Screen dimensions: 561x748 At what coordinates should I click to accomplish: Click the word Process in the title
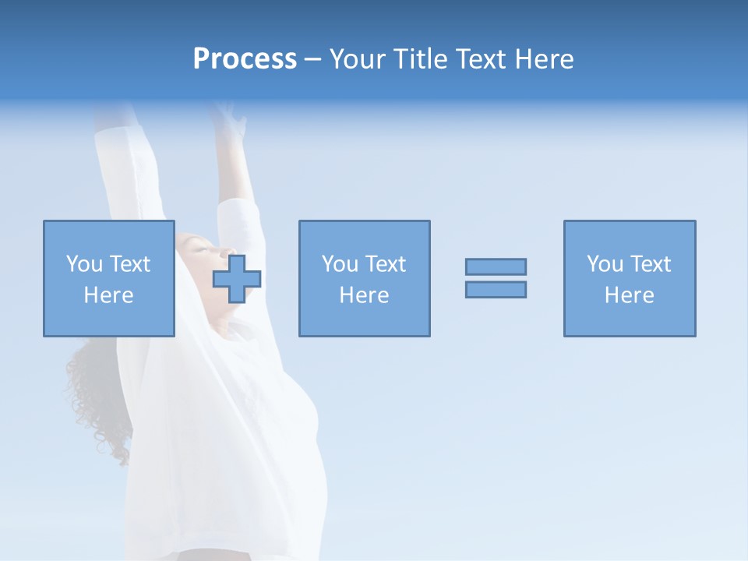pos(245,59)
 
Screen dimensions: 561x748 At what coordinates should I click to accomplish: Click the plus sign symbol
pos(237,279)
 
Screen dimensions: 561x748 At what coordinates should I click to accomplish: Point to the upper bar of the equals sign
pos(496,266)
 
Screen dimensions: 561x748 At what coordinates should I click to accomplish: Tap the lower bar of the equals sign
pos(496,289)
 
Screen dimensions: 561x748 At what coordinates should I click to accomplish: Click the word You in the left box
pos(84,263)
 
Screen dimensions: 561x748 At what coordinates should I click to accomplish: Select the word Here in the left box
pos(108,295)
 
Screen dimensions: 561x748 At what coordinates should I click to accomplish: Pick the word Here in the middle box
pos(364,295)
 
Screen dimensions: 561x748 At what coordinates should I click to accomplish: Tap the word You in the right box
pos(605,263)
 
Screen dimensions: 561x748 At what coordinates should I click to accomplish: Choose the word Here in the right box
pos(629,295)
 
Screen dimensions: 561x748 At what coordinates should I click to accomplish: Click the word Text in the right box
pos(650,263)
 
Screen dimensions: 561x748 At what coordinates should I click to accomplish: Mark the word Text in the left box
pos(129,263)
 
